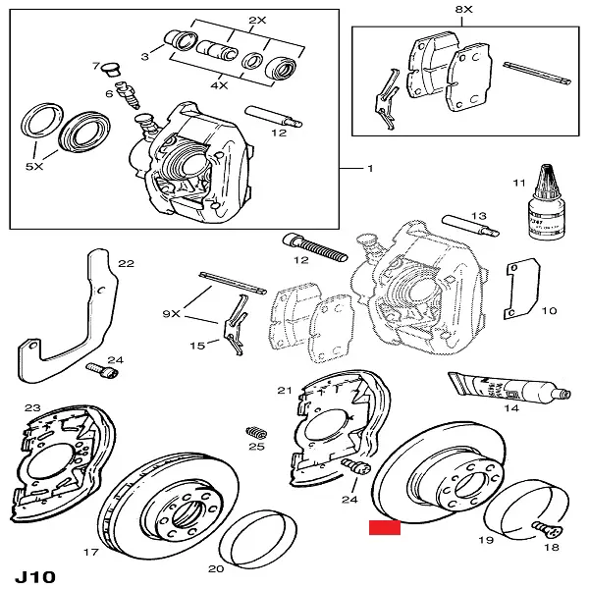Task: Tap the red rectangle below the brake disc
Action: pos(385,528)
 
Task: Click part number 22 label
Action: pos(125,263)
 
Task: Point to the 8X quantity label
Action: pos(464,9)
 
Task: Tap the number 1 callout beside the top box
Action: pos(371,169)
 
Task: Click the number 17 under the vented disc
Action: pos(90,553)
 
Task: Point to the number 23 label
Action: pos(31,407)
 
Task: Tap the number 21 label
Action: pos(285,391)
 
